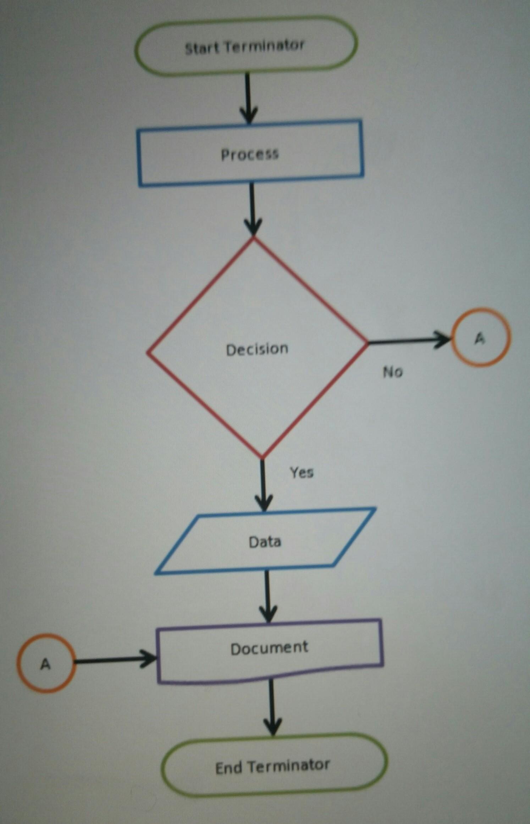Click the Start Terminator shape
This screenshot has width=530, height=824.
click(246, 46)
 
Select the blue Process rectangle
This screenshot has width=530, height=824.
click(250, 154)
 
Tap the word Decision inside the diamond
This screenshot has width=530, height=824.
click(257, 349)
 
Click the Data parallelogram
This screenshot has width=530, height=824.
click(265, 541)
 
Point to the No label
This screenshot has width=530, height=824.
click(393, 372)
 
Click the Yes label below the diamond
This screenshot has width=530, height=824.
click(302, 472)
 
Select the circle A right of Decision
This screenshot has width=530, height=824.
click(480, 337)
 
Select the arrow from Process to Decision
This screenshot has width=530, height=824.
click(252, 209)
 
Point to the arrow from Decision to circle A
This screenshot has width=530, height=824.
click(408, 341)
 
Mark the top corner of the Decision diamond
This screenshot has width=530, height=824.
click(253, 238)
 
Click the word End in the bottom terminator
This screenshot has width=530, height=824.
click(229, 768)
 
